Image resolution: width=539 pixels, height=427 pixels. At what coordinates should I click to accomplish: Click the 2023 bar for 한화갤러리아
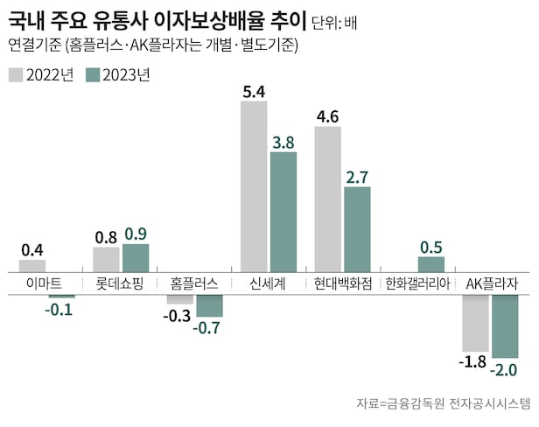click(430, 264)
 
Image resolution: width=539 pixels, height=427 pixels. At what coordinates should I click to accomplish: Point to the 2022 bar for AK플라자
click(475, 322)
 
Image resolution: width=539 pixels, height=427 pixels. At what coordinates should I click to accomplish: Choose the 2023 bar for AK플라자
click(505, 325)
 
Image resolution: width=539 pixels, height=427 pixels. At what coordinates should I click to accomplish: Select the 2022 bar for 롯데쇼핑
click(106, 260)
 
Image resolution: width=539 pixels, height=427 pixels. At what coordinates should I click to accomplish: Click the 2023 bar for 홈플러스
click(209, 305)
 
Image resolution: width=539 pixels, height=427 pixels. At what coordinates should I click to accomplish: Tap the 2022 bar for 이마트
click(31, 266)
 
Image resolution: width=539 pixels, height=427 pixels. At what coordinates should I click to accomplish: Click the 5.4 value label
click(254, 89)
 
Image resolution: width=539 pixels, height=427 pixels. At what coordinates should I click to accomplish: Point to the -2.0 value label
click(504, 370)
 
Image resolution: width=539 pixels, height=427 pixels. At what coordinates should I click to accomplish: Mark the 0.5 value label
click(430, 246)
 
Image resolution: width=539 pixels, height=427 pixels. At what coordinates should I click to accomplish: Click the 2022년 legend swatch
click(16, 75)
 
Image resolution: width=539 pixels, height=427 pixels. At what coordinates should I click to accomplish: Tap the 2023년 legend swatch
click(94, 75)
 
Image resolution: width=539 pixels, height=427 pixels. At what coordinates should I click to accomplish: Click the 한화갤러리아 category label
click(416, 284)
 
